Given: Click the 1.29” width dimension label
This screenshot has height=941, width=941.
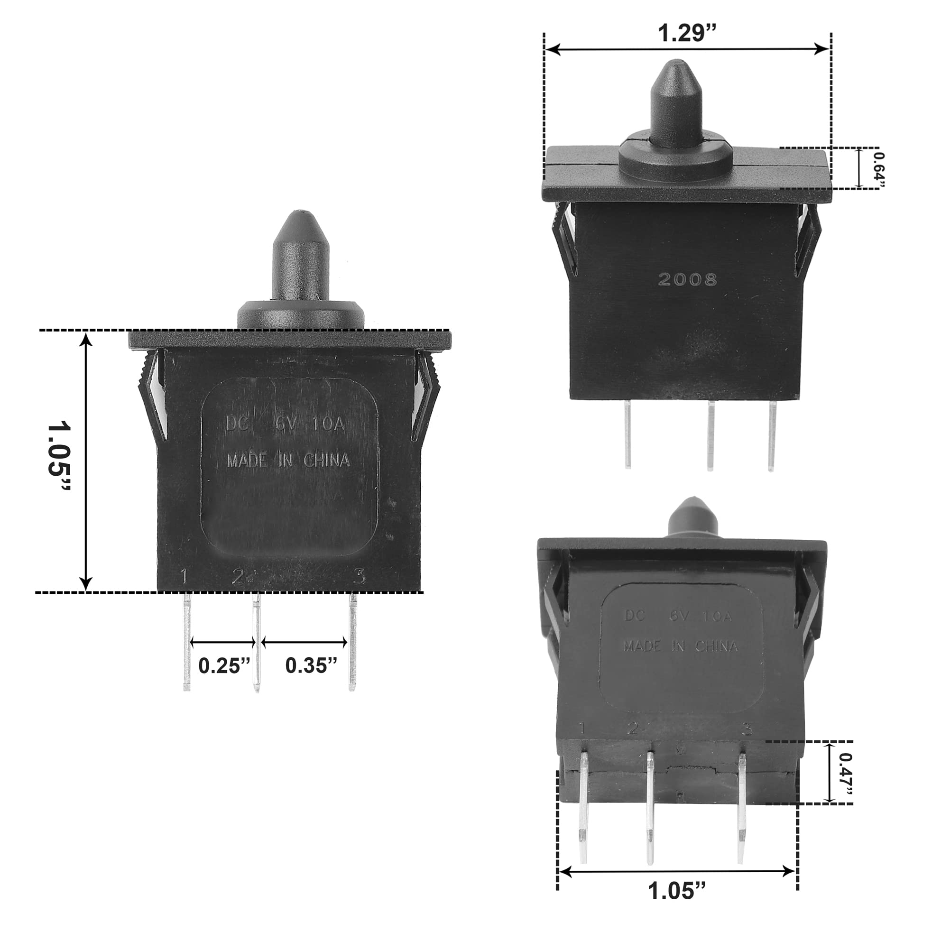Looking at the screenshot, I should (x=687, y=33).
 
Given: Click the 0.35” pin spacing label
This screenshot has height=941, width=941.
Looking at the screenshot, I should (x=311, y=665).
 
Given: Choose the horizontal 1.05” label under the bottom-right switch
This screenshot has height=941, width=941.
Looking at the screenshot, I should (x=677, y=891).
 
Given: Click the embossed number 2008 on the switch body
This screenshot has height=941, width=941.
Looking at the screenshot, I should (x=687, y=279).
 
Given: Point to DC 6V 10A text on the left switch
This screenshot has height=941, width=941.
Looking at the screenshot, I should (x=286, y=424).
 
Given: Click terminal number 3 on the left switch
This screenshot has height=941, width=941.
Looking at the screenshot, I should (x=360, y=578).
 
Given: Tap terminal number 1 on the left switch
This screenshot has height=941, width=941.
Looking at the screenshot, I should (x=184, y=577).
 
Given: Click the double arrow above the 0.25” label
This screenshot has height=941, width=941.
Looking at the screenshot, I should (x=222, y=643).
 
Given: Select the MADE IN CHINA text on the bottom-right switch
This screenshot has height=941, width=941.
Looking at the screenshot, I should (x=681, y=646).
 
